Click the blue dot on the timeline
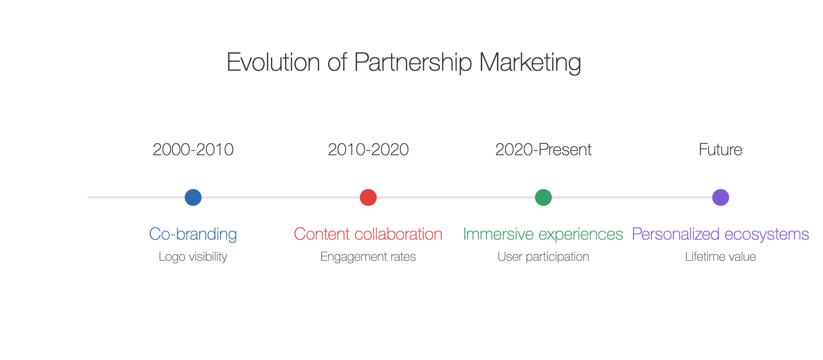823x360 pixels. point(193,197)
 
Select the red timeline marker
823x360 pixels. point(368,197)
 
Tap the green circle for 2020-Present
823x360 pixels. point(543,197)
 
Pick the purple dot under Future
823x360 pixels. point(721,197)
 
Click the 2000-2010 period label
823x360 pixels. point(193,150)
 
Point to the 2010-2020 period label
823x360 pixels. point(368,150)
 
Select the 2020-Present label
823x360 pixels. point(543,150)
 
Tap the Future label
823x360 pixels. point(721,150)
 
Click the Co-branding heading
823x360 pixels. point(193,234)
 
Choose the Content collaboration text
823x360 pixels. point(368,234)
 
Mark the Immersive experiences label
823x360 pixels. point(543,234)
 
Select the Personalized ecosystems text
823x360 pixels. point(721,234)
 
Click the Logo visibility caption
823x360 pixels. point(193,257)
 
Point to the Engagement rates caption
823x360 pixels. point(368,257)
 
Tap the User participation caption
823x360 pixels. point(543,257)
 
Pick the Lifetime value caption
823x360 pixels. point(721,257)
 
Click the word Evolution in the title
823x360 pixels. point(273,62)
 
